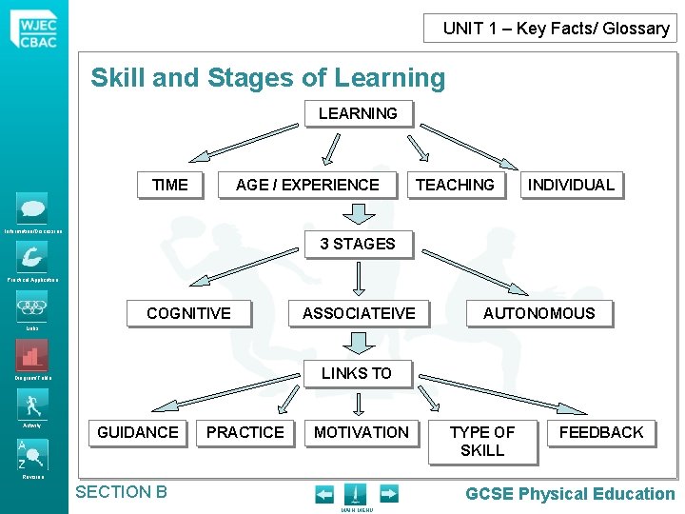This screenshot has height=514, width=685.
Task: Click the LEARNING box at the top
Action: [x=358, y=113]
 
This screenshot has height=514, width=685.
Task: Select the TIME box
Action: [x=170, y=185]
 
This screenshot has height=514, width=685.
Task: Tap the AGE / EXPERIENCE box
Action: [x=307, y=185]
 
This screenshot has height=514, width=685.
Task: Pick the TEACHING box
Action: [x=455, y=185]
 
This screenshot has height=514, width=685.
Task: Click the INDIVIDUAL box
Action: [x=571, y=185]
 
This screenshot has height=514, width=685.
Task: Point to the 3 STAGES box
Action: [x=358, y=244]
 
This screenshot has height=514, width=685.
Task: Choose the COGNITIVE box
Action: [x=188, y=313]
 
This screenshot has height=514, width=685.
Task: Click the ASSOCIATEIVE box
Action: [x=359, y=313]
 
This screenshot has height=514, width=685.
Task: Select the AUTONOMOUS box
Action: [x=538, y=313]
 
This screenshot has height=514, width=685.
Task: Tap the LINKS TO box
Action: [x=357, y=373]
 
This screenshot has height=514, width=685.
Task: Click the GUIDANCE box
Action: [x=138, y=432]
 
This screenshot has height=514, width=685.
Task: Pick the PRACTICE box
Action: [x=245, y=432]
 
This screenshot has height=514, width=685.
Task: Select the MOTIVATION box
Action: [x=362, y=432]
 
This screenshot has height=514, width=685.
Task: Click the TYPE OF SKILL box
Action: [x=482, y=441]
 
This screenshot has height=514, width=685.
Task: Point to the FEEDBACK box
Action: [x=601, y=432]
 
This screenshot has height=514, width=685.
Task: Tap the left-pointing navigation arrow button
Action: [x=324, y=494]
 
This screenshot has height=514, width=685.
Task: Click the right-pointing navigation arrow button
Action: [x=388, y=494]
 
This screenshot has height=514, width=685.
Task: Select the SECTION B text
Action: [x=121, y=492]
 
